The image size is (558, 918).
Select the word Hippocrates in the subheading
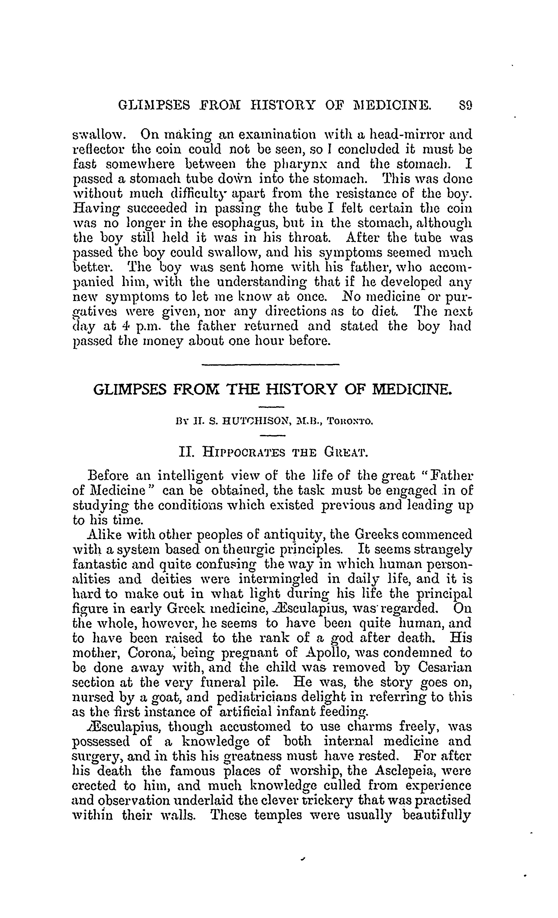[243, 453]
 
